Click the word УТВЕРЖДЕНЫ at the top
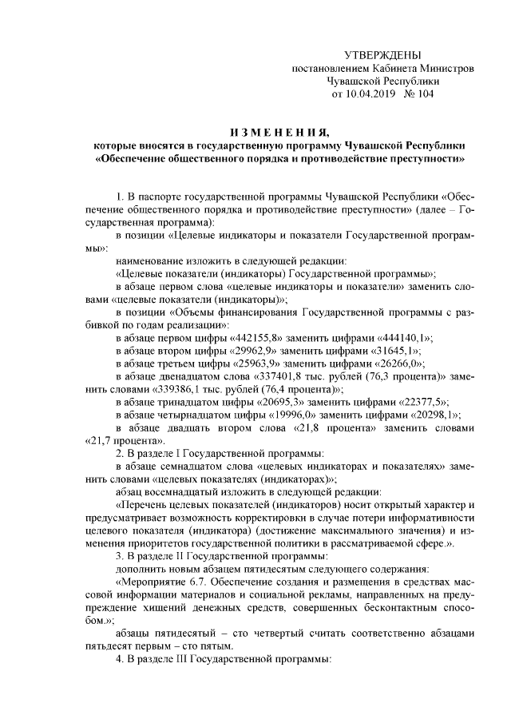(382, 54)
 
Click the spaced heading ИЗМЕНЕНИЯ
(278, 132)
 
